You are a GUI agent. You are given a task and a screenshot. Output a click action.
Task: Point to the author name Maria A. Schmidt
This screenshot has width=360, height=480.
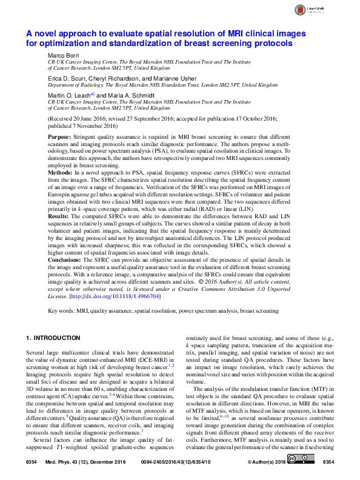click(128, 96)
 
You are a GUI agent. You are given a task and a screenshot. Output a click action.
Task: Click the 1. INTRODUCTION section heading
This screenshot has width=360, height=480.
click(55, 338)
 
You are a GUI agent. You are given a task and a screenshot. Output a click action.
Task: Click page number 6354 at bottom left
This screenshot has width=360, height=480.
click(33, 462)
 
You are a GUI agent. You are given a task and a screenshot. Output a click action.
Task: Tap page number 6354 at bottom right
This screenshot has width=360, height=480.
click(328, 462)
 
